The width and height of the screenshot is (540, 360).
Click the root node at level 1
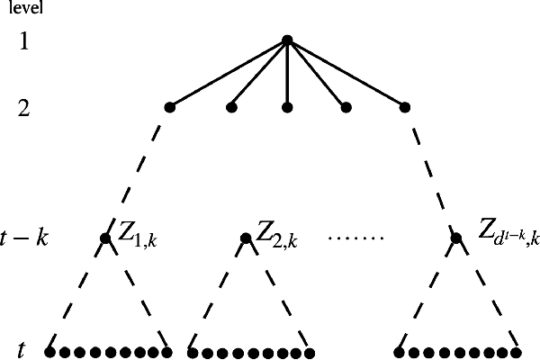pyautogui.click(x=286, y=40)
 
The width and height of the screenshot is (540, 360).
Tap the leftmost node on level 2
pyautogui.click(x=169, y=108)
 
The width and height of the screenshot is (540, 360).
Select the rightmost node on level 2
pyautogui.click(x=405, y=108)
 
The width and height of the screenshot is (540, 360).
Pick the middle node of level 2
pyautogui.click(x=287, y=108)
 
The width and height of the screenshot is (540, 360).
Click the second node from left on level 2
pyautogui.click(x=231, y=108)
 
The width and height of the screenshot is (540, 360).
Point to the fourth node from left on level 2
pyautogui.click(x=345, y=108)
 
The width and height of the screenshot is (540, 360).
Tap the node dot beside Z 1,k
pyautogui.click(x=105, y=238)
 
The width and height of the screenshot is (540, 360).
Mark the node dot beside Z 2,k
pyautogui.click(x=245, y=238)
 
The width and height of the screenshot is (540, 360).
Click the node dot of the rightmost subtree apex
pyautogui.click(x=456, y=238)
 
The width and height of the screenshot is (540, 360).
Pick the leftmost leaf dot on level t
pyautogui.click(x=49, y=351)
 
